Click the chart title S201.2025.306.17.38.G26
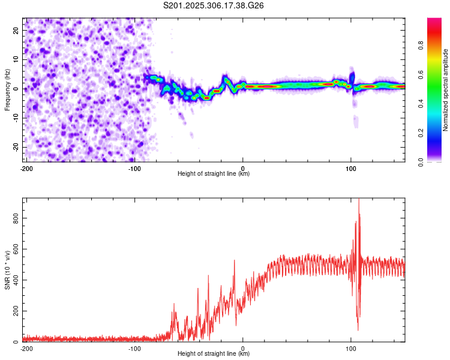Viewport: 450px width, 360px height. click(x=214, y=6)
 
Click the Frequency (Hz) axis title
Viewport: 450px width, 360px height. click(x=7, y=89)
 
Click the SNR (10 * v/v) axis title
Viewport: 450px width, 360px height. click(x=7, y=269)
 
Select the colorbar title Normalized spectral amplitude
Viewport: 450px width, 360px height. click(x=446, y=90)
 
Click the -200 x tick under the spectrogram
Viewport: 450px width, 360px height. click(x=26, y=168)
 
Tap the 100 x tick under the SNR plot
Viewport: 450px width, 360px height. click(x=351, y=348)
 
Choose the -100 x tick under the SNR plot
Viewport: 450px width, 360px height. click(x=134, y=348)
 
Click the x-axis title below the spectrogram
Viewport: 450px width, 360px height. click(x=214, y=174)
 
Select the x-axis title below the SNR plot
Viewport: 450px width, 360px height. click(x=214, y=354)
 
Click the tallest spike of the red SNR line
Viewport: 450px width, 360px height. click(x=359, y=200)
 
